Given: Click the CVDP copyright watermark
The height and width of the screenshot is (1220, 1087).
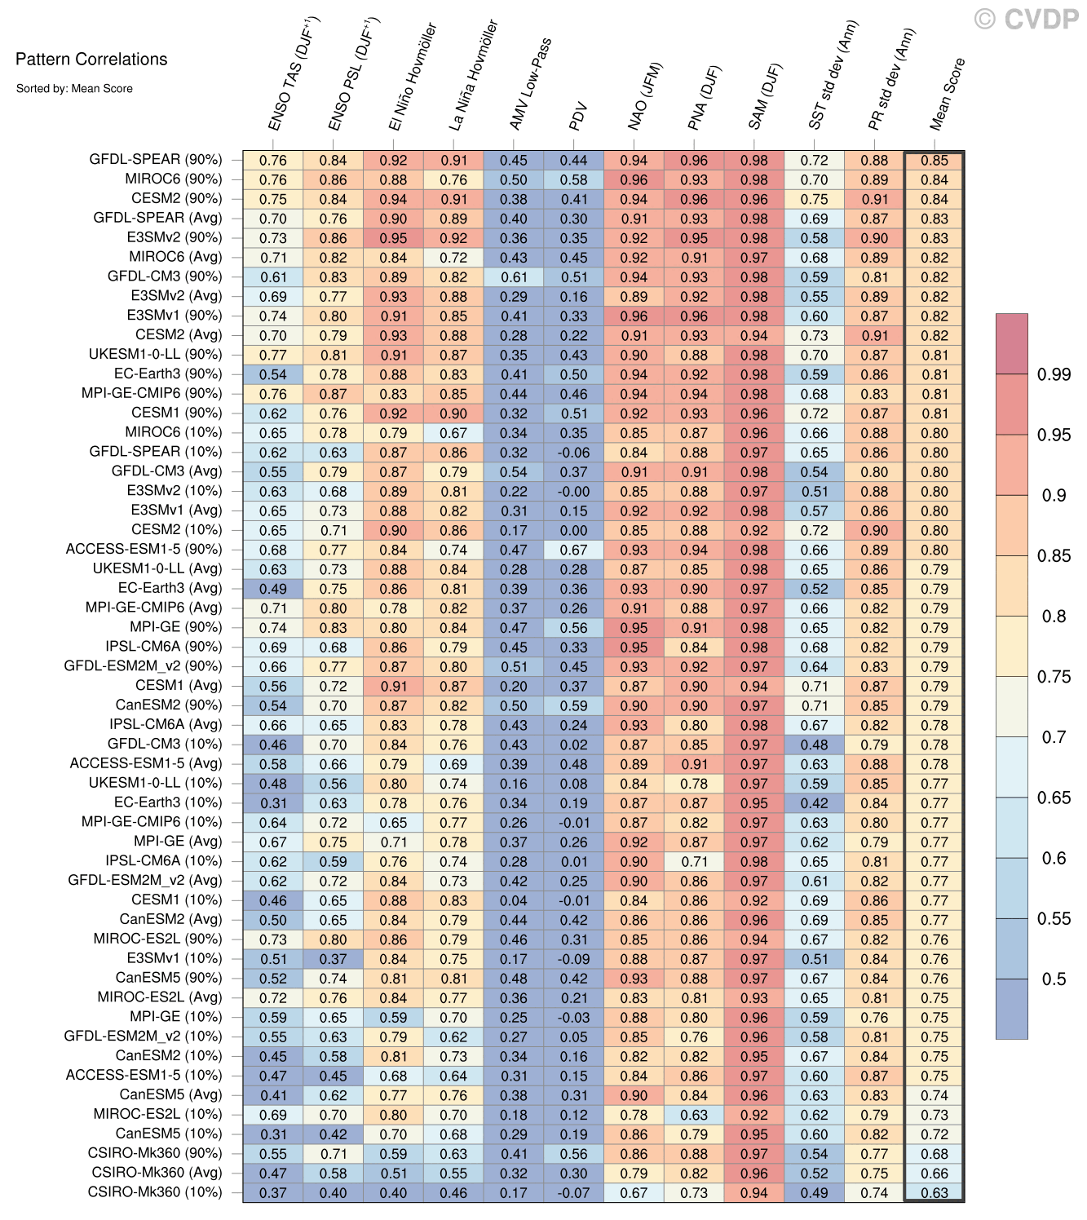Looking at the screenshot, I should click(x=1027, y=19).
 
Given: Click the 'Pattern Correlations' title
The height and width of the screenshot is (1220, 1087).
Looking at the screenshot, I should click(x=91, y=59).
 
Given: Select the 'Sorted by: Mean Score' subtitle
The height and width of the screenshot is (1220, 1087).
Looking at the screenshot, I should click(x=74, y=88).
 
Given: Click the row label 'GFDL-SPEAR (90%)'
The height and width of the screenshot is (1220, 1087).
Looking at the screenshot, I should click(x=155, y=160).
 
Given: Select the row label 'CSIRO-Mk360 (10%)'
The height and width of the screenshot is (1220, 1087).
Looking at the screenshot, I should click(x=154, y=1192).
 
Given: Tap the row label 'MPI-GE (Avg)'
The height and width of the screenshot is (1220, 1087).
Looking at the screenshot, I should click(x=178, y=842).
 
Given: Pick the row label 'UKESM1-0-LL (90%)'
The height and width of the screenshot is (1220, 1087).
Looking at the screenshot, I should click(x=155, y=355).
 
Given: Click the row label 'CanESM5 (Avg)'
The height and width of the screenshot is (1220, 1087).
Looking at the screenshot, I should click(x=170, y=1094).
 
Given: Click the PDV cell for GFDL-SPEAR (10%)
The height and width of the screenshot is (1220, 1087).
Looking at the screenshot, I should click(x=574, y=453).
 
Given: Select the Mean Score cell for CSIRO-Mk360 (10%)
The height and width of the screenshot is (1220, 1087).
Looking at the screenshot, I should click(x=935, y=1192).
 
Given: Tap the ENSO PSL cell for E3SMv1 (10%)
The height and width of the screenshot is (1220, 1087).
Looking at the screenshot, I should click(x=333, y=959).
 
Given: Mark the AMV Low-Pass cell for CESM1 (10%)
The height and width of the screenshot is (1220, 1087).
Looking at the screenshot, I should click(x=514, y=900).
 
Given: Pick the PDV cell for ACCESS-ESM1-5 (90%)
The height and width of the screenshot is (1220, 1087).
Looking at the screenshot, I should click(x=574, y=550).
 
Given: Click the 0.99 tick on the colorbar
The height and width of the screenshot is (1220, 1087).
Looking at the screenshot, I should click(x=1054, y=374).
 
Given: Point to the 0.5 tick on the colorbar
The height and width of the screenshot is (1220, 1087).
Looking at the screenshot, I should click(x=1054, y=979).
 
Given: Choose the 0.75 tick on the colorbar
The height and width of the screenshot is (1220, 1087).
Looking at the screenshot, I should click(x=1054, y=676).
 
